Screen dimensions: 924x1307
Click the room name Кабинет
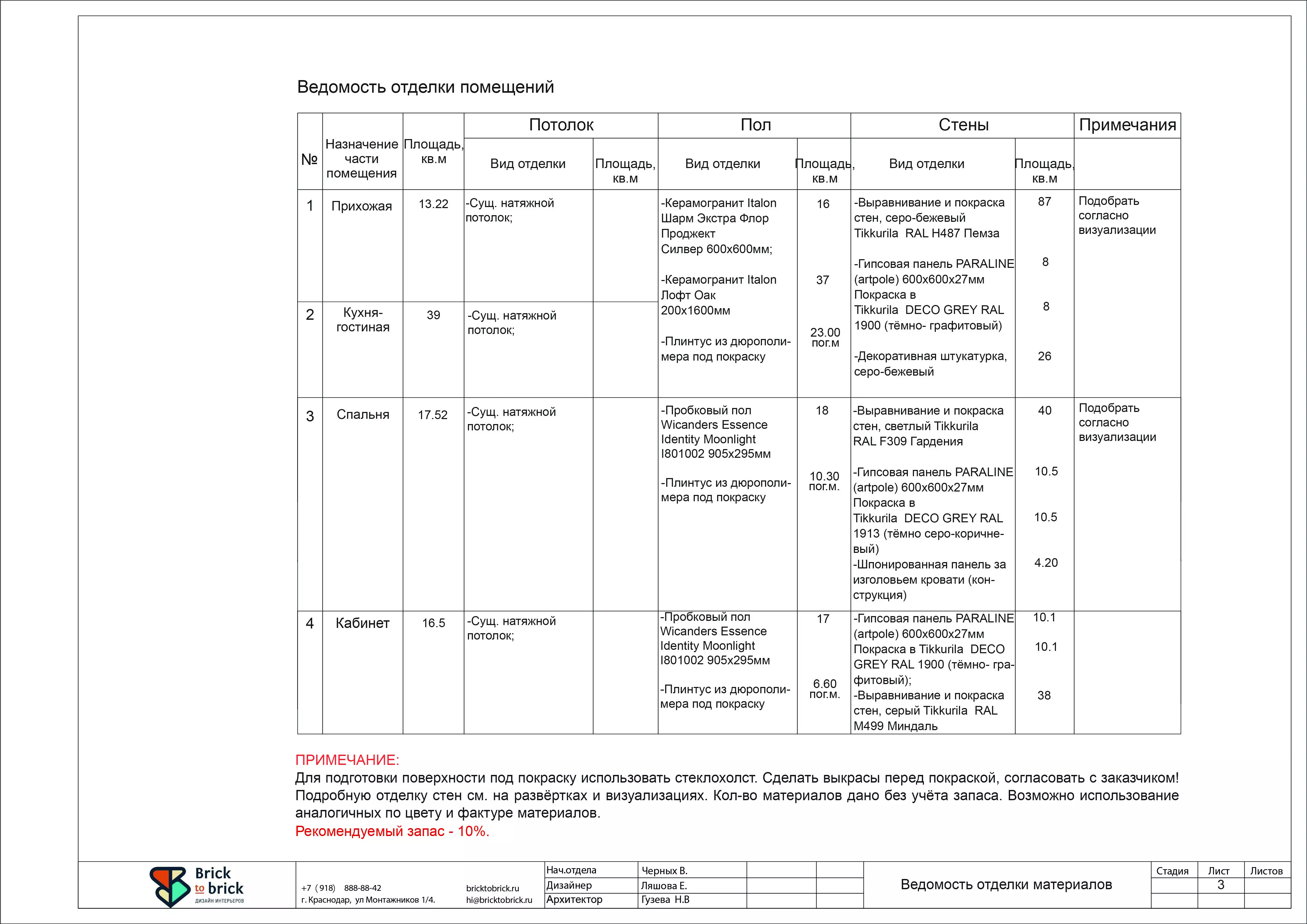pos(363,623)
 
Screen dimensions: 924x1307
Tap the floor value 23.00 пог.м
pos(825,337)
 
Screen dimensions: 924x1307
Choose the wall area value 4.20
pos(1046,563)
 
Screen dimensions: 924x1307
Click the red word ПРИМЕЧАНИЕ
pos(347,760)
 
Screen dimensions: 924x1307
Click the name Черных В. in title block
pos(664,871)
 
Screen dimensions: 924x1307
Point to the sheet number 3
pos(1221,885)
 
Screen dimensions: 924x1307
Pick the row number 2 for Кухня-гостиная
pos(310,315)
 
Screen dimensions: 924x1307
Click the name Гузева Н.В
pos(665,900)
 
